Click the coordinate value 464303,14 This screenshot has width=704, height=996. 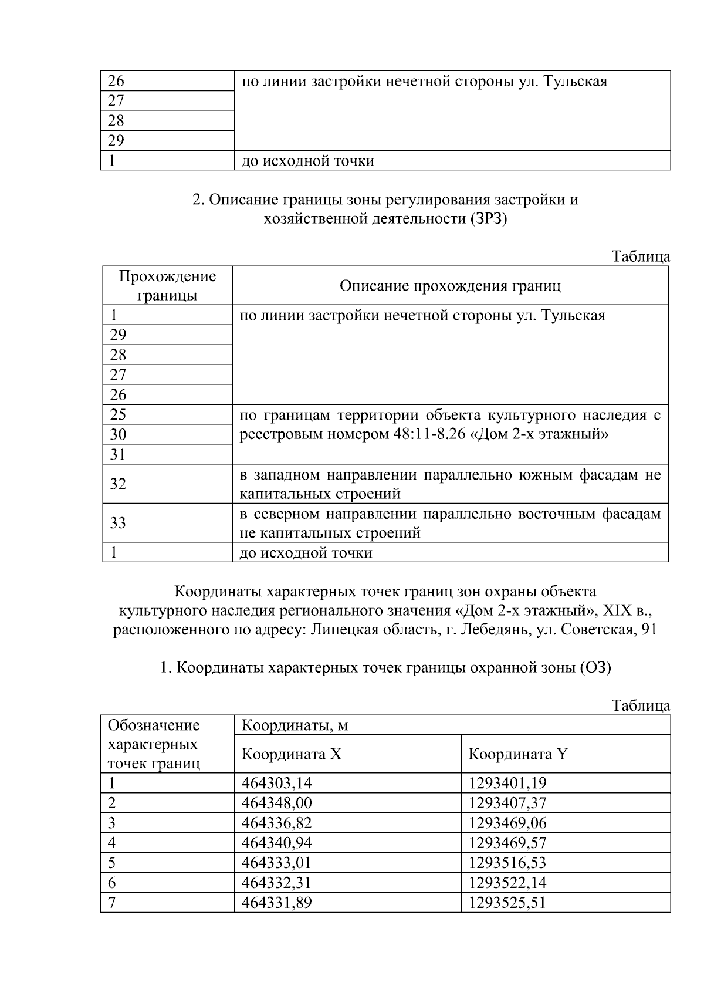coord(276,782)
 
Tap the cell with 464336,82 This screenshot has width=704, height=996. coord(276,822)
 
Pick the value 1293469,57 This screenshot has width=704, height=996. coord(507,843)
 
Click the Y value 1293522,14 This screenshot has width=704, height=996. coord(507,883)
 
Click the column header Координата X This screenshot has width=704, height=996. coord(292,754)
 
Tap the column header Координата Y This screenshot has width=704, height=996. coord(517,754)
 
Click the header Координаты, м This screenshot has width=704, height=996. coord(295,725)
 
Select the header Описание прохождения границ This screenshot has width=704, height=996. coord(450,286)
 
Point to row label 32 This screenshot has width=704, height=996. coord(118,484)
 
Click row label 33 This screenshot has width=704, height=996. coord(118,523)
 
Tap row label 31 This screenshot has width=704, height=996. coord(118,454)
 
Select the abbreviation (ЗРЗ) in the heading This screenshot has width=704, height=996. coord(486,220)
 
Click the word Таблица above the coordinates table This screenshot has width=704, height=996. coord(641,705)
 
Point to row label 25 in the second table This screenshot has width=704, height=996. coord(118,414)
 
